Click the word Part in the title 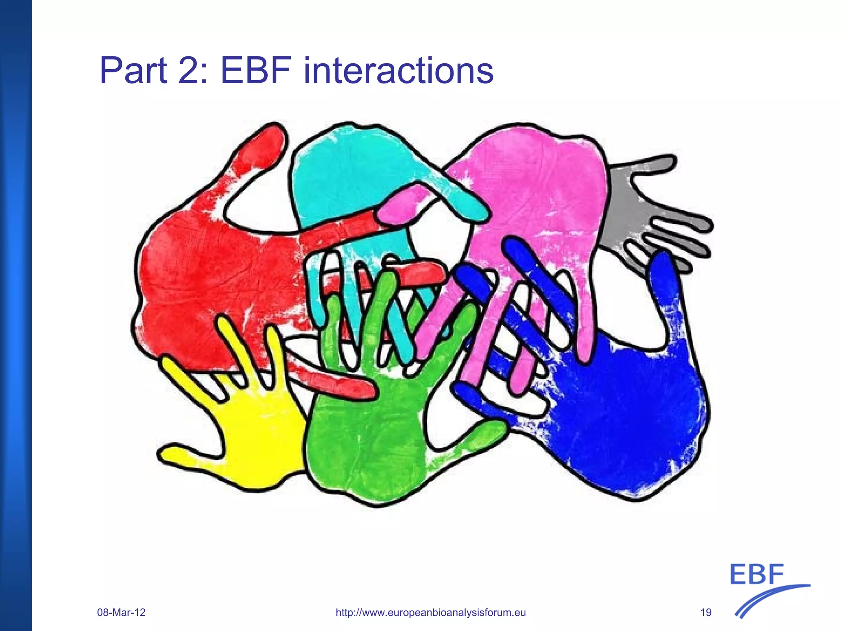pyautogui.click(x=134, y=71)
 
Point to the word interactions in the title pyautogui.click(x=398, y=71)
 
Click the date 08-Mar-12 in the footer pyautogui.click(x=121, y=612)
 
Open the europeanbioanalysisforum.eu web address pyautogui.click(x=430, y=612)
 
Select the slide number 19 pyautogui.click(x=706, y=612)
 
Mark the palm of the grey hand pyautogui.click(x=621, y=214)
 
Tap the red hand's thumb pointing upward pyautogui.click(x=259, y=148)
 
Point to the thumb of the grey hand pyautogui.click(x=650, y=162)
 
